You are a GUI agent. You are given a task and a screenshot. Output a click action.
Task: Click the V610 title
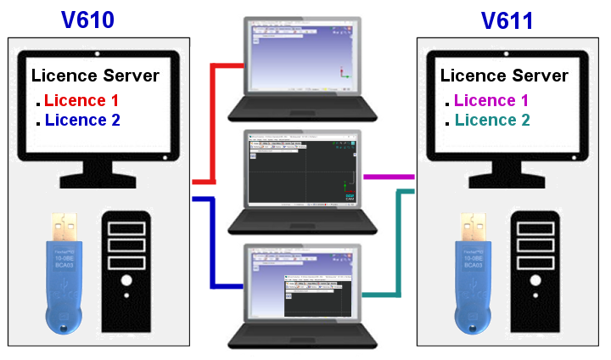(x=88, y=20)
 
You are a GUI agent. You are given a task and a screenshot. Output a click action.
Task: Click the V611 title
(x=507, y=20)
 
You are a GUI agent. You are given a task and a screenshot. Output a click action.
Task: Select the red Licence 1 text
(x=81, y=100)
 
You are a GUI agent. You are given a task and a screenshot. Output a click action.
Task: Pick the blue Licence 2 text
(x=82, y=121)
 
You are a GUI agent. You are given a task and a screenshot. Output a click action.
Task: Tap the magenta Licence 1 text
(x=491, y=101)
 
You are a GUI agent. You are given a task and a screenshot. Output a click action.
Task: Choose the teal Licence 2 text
(x=491, y=121)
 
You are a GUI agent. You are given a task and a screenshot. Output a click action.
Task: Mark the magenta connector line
(x=388, y=177)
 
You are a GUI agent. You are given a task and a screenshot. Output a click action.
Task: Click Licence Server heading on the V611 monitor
(x=504, y=76)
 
